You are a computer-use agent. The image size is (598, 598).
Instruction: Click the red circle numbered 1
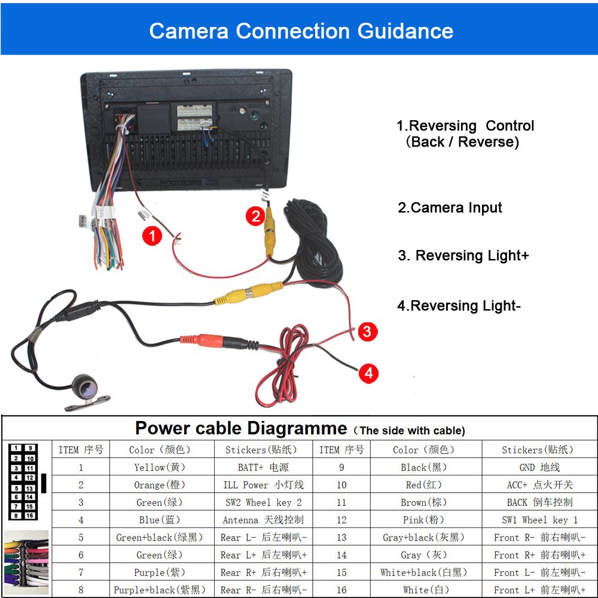152,236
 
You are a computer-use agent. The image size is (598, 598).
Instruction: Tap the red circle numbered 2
255,216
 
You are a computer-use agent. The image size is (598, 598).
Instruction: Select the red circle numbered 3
367,331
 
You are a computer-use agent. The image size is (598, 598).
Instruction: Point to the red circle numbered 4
368,373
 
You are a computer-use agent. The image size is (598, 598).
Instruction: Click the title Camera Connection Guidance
301,31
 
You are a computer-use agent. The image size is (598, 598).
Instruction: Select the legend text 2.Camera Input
450,208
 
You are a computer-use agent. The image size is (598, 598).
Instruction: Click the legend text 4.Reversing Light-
459,306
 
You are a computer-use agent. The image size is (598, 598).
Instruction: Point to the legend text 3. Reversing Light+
463,255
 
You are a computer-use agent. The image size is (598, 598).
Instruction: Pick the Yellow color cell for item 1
162,467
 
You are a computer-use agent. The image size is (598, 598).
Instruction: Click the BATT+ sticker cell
263,467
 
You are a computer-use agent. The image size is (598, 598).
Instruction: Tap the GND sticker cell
539,467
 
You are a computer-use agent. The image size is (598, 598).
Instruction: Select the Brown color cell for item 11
426,502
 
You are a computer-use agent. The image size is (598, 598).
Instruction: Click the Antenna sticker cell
263,520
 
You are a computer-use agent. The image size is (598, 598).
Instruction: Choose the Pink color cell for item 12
426,520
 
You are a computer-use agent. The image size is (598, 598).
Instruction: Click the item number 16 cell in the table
341,590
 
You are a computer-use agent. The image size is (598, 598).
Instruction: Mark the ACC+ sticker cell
539,484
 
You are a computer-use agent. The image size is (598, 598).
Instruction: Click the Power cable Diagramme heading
241,428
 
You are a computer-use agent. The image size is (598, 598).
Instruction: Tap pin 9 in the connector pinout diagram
30,448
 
